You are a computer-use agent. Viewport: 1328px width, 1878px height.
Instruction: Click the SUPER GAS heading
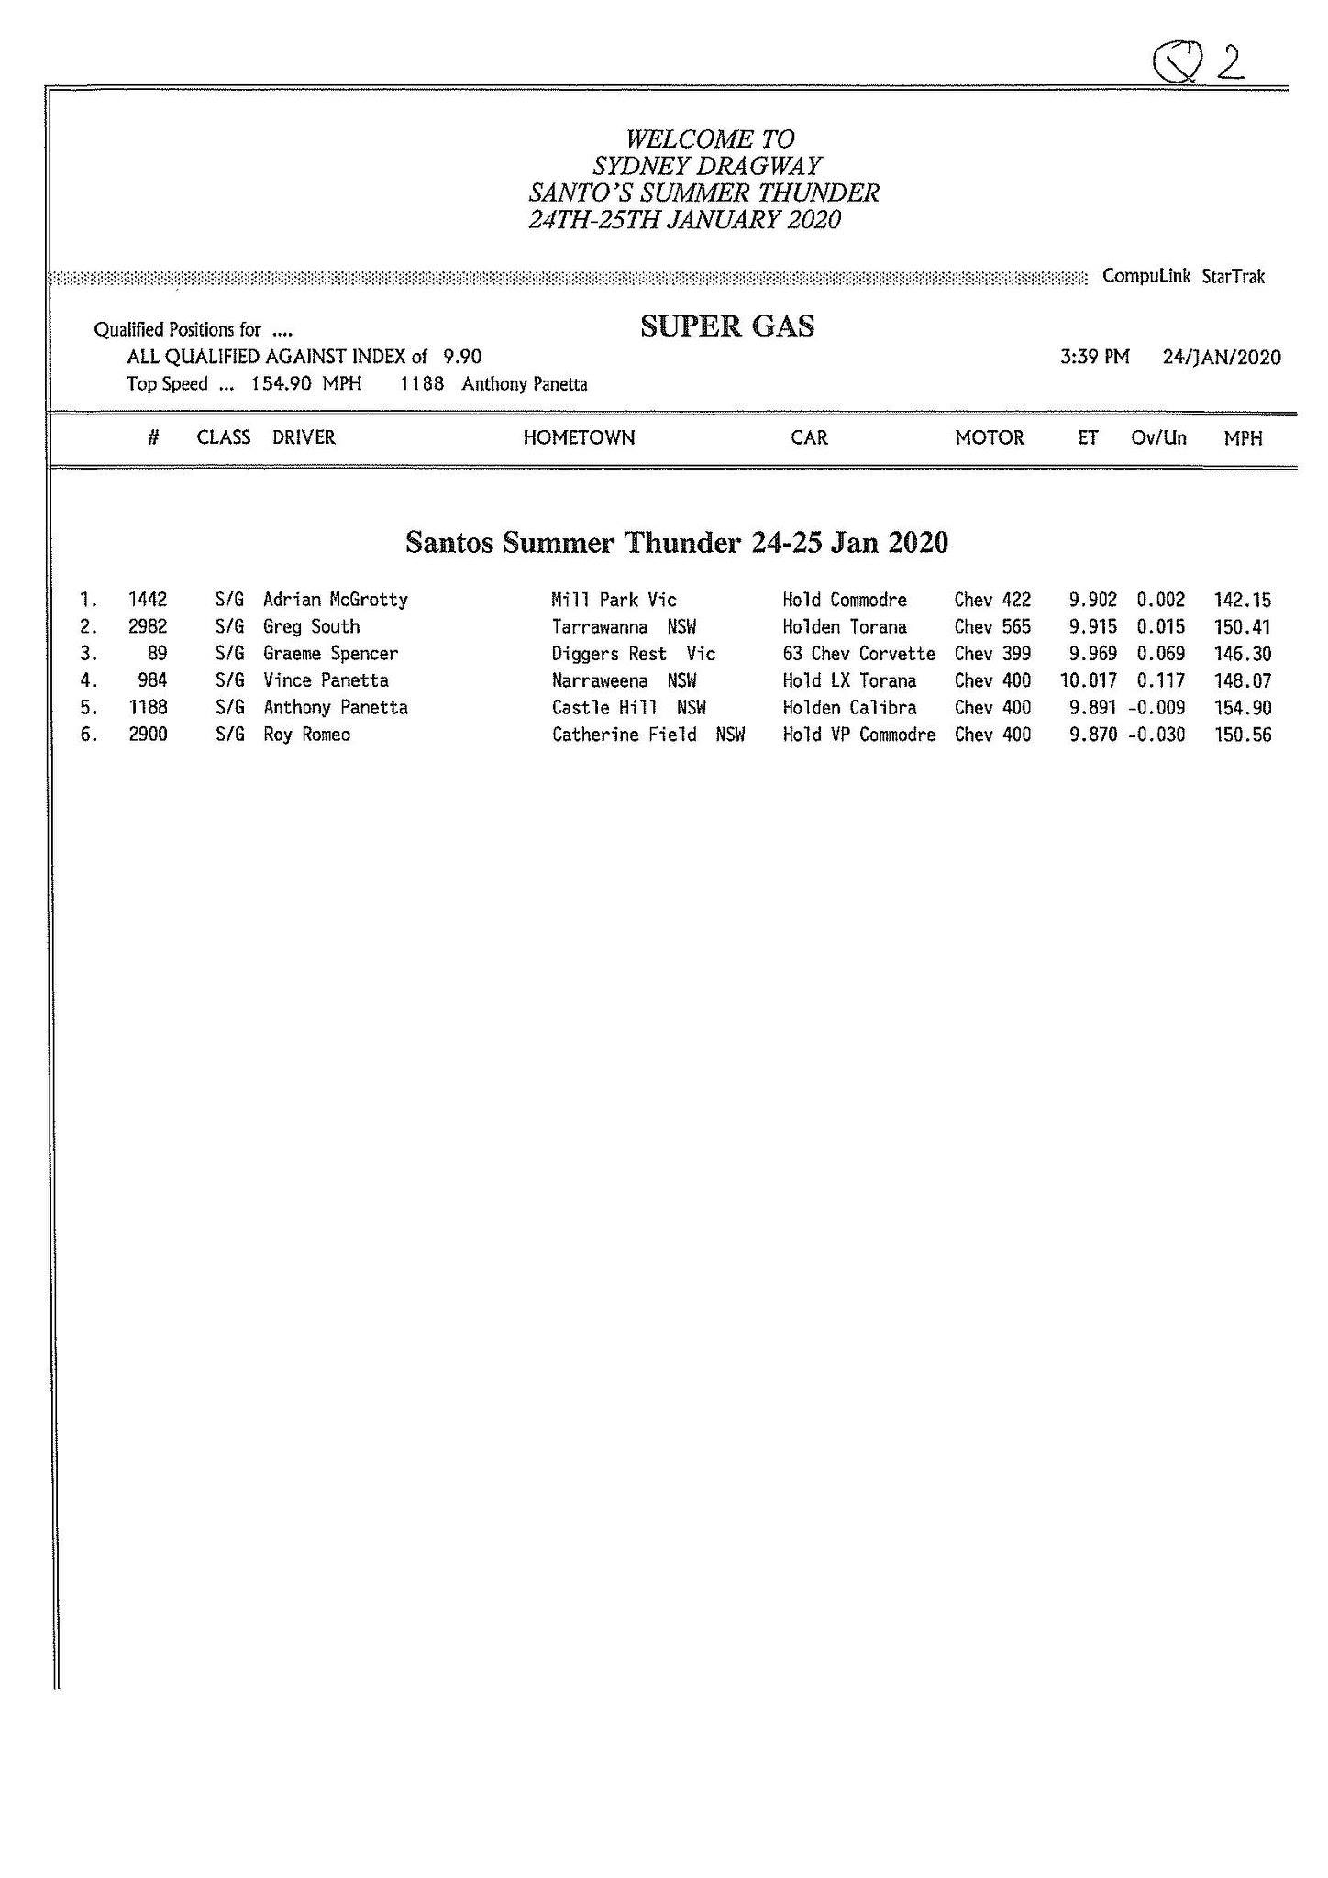[x=727, y=326]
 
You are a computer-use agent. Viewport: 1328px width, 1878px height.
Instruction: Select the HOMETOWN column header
[x=579, y=438]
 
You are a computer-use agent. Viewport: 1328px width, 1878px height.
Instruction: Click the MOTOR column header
[x=990, y=438]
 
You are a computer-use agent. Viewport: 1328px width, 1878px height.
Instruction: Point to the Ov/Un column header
[x=1158, y=438]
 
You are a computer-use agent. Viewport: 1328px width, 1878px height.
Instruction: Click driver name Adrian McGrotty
[x=335, y=600]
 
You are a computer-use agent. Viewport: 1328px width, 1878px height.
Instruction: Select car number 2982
[x=148, y=627]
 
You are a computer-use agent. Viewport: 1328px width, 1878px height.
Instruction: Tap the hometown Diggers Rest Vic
[x=633, y=654]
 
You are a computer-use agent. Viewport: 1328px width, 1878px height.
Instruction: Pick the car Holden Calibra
[x=849, y=708]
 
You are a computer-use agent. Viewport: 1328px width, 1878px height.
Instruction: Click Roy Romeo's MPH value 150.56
[x=1243, y=735]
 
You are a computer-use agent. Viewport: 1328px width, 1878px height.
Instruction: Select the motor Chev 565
[x=992, y=627]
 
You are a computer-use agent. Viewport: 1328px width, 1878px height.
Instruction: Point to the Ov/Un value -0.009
[x=1156, y=708]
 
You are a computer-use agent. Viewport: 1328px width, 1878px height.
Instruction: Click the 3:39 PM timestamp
[x=1095, y=357]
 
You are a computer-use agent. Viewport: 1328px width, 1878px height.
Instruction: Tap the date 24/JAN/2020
[x=1222, y=357]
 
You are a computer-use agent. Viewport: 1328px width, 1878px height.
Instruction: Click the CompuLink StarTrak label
[x=1183, y=276]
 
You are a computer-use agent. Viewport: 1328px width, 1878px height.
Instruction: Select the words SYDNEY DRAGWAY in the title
[x=707, y=167]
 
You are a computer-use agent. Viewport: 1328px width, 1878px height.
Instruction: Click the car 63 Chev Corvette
[x=858, y=654]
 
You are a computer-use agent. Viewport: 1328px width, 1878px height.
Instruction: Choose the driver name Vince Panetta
[x=326, y=680]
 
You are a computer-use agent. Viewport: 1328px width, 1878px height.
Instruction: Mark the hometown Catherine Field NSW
[x=647, y=735]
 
